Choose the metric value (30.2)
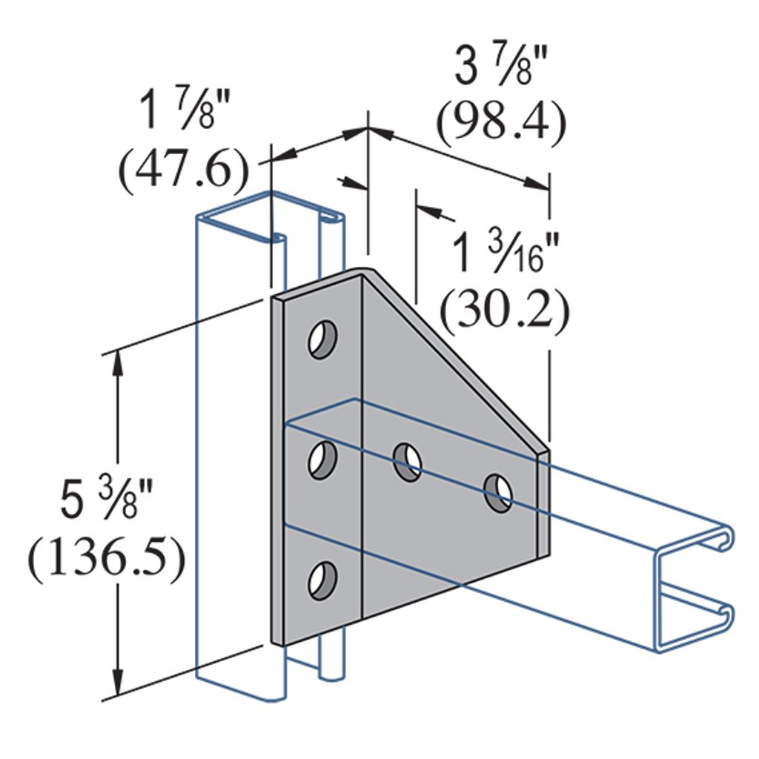[x=505, y=311]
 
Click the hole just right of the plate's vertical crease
[x=408, y=461]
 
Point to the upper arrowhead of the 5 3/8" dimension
[x=116, y=363]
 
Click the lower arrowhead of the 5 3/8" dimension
[x=116, y=686]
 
